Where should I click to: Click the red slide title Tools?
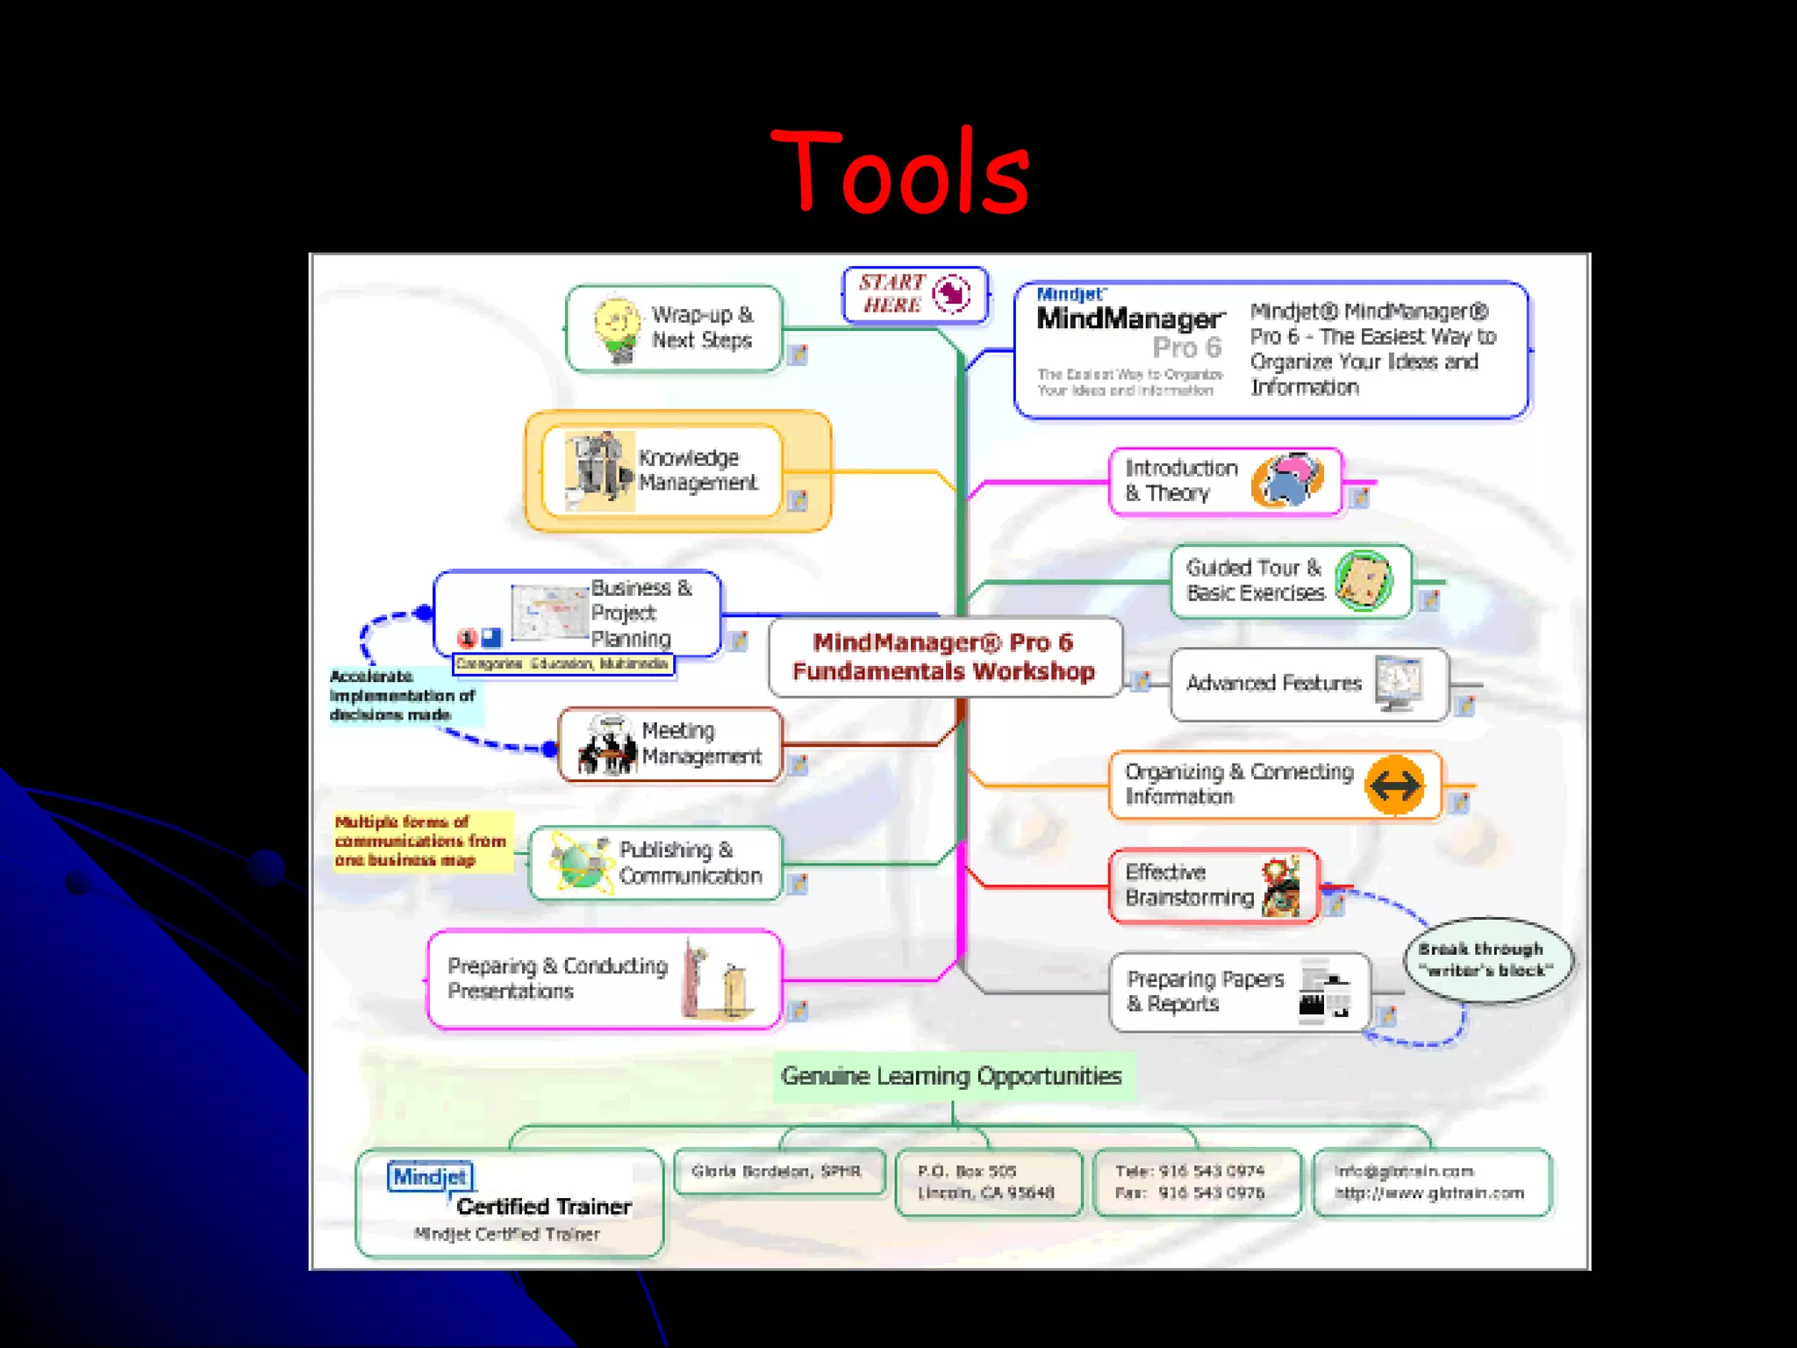899,171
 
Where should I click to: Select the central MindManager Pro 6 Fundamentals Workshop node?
944,656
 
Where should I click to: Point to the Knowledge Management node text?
697,470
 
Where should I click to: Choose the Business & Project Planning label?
641,613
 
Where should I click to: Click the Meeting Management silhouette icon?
607,746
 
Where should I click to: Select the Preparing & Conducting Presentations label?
557,979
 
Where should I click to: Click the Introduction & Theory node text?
1181,481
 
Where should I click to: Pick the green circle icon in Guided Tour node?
1363,580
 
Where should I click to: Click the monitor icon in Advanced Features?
1399,683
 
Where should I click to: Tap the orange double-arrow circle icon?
1395,785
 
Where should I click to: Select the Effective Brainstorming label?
1189,885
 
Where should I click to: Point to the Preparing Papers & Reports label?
1205,991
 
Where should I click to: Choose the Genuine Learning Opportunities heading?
951,1076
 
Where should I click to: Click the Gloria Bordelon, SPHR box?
777,1172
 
